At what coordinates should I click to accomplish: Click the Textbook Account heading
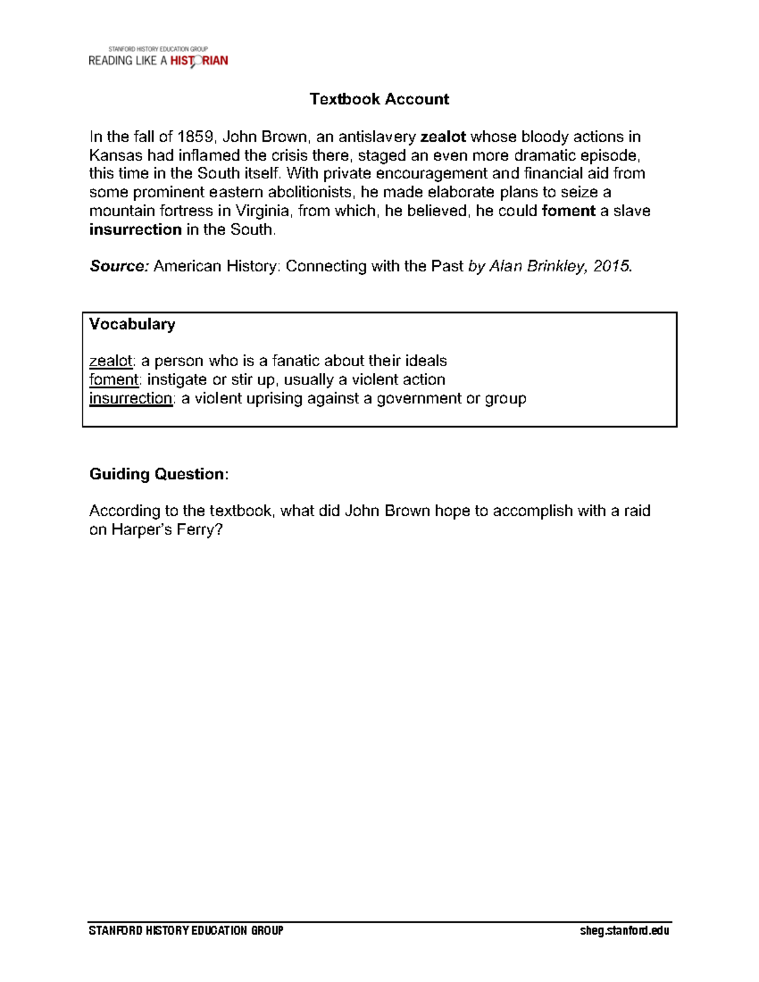click(x=379, y=99)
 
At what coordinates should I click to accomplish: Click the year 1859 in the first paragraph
click(x=195, y=137)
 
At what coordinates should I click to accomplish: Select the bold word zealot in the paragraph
click(x=443, y=137)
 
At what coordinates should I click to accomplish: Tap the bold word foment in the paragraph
click(x=568, y=211)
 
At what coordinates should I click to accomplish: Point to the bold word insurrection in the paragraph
click(x=135, y=230)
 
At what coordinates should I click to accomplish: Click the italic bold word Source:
click(x=119, y=266)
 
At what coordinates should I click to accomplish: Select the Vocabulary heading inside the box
click(x=132, y=324)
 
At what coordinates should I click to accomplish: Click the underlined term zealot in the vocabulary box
click(x=111, y=361)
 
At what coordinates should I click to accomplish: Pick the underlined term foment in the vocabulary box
click(x=113, y=379)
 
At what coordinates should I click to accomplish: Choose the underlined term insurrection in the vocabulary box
click(x=130, y=398)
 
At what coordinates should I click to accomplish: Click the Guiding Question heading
click(x=158, y=474)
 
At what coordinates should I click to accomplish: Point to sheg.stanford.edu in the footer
click(x=624, y=930)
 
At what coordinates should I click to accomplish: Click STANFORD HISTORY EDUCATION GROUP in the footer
click(x=186, y=930)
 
